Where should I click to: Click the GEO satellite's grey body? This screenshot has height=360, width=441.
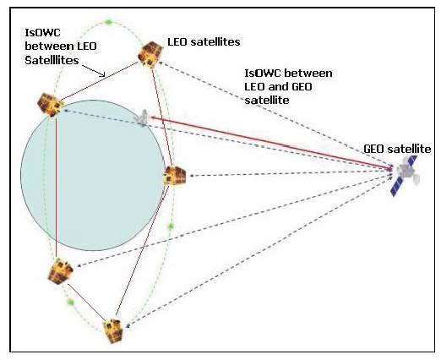(406, 171)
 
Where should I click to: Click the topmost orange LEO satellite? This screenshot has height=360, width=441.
(150, 55)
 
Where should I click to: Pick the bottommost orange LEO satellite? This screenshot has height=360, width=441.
(113, 331)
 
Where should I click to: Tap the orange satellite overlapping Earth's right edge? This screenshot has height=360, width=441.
(175, 175)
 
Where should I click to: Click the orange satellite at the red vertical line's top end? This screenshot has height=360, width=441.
(50, 105)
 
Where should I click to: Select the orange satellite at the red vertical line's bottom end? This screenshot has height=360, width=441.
(60, 271)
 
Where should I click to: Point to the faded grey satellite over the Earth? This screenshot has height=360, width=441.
(143, 118)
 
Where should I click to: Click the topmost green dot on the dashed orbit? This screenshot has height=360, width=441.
(108, 22)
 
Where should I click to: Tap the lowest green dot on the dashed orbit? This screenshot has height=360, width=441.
(70, 303)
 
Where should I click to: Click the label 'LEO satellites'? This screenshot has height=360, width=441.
(204, 42)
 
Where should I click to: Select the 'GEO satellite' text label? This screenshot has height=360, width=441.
(397, 149)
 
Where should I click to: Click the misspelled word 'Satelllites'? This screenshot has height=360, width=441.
(52, 60)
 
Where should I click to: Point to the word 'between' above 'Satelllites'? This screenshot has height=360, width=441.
(46, 46)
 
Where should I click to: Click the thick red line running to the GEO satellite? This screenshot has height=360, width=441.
(271, 143)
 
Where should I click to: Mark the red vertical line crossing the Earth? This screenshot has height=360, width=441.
(57, 188)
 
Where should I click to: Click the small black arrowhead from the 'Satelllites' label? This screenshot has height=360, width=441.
(103, 74)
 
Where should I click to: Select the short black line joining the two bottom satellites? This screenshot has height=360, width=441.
(86, 303)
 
